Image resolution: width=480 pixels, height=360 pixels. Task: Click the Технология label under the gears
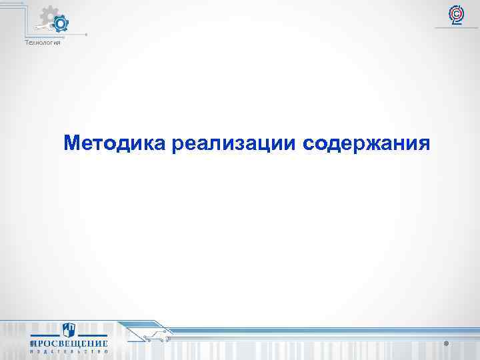(43, 43)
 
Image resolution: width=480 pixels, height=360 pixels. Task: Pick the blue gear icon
(60, 25)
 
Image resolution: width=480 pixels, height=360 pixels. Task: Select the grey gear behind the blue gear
(48, 15)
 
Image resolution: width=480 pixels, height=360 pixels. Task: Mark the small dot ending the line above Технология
(86, 34)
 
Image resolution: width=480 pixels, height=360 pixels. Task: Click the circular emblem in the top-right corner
(457, 14)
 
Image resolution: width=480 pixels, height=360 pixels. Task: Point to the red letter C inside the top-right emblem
(457, 11)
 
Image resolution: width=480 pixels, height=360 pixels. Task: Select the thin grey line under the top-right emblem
(457, 28)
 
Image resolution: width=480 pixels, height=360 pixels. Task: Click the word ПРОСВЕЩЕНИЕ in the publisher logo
(69, 343)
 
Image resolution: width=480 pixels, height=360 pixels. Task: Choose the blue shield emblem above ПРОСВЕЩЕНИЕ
(69, 329)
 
